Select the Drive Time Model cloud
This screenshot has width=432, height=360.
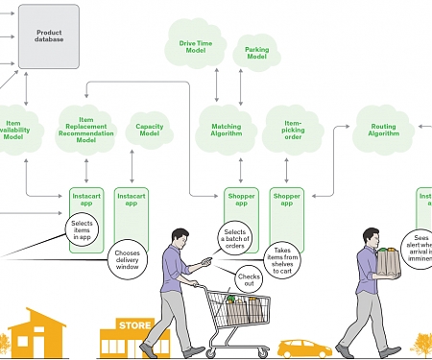tap(197, 44)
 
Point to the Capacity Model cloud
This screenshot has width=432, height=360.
tap(150, 130)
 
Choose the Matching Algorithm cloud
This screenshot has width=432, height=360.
tap(220, 130)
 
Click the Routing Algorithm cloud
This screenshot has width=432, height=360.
tap(381, 130)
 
